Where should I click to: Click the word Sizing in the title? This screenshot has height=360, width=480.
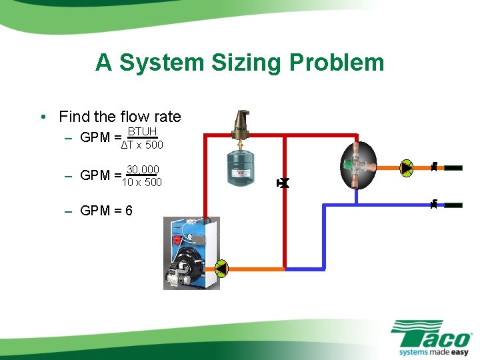[243, 63]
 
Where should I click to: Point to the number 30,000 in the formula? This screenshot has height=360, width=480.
[142, 170]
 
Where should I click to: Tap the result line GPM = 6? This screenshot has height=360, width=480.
[106, 211]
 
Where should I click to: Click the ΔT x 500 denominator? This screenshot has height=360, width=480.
[141, 145]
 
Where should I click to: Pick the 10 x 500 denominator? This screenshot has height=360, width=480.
[141, 182]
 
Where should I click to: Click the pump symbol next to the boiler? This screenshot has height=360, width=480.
[221, 268]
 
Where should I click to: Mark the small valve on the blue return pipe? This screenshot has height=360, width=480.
[433, 203]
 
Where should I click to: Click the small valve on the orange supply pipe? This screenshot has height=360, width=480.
[433, 167]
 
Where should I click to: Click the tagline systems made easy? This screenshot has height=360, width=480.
[433, 351]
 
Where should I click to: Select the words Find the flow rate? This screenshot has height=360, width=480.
[120, 117]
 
